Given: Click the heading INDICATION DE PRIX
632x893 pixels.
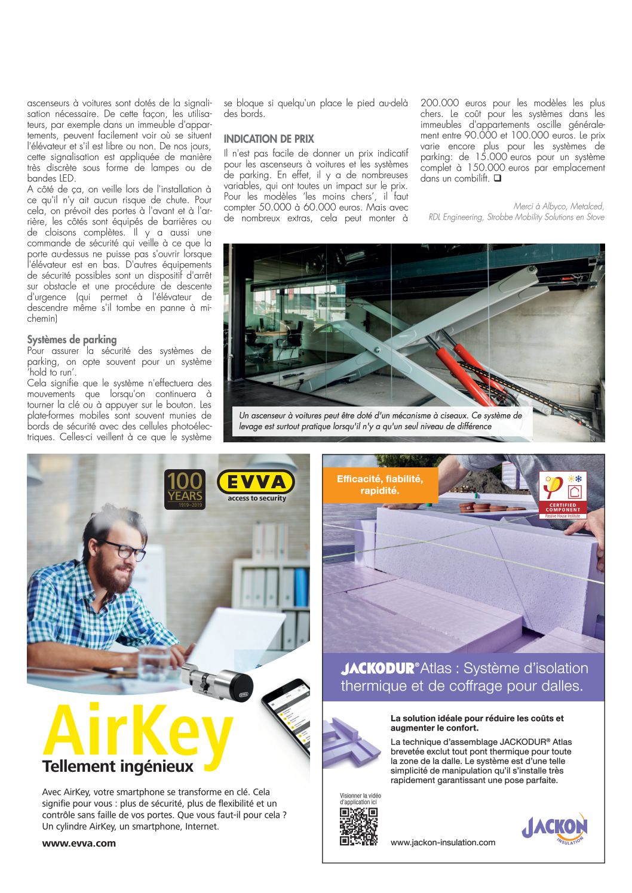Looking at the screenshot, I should pyautogui.click(x=269, y=139).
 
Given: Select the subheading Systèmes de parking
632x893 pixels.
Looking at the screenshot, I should pyautogui.click(x=72, y=340).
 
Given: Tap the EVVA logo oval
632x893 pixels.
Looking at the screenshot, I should pyautogui.click(x=256, y=482).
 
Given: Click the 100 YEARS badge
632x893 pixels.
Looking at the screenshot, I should pyautogui.click(x=185, y=489).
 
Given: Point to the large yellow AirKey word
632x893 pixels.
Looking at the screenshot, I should pyautogui.click(x=137, y=733).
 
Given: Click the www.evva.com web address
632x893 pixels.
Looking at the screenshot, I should pyautogui.click(x=79, y=843).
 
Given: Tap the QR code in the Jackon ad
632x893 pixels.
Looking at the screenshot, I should pyautogui.click(x=358, y=827).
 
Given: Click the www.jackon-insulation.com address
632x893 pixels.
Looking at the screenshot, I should pyautogui.click(x=443, y=842).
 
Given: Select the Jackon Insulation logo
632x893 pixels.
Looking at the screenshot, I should pyautogui.click(x=555, y=829).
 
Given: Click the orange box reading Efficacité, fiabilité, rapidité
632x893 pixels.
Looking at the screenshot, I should pyautogui.click(x=380, y=485).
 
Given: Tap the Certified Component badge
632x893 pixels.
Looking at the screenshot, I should pyautogui.click(x=563, y=495).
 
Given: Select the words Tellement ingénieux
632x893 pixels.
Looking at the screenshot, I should pyautogui.click(x=118, y=766).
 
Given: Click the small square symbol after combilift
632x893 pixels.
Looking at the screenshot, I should pyautogui.click(x=497, y=178).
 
